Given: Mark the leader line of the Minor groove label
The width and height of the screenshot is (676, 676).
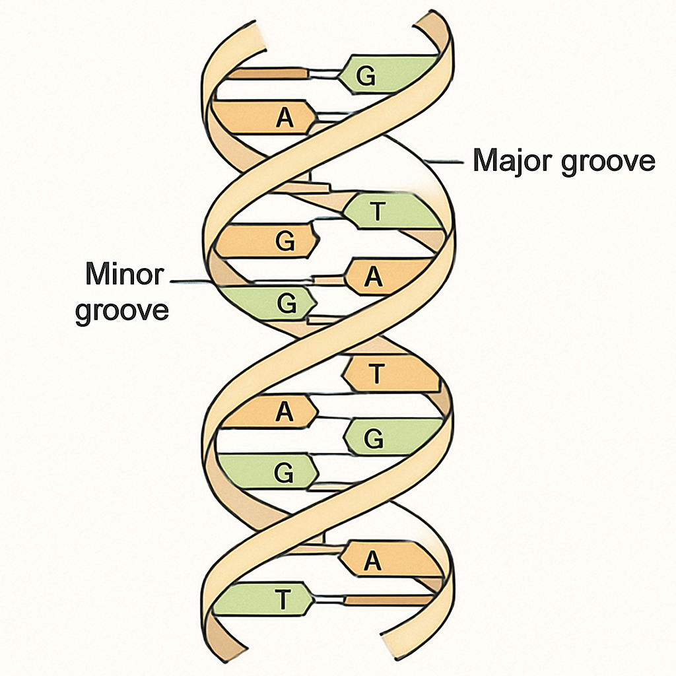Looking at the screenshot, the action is point(191,281).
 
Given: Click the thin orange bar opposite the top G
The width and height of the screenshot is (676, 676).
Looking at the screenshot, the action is point(267,73).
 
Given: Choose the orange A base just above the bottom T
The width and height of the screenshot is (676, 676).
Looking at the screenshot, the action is point(390,560).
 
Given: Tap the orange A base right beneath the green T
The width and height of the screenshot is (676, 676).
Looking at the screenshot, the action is point(388,277).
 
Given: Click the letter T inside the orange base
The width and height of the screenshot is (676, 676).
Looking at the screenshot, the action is point(376,374).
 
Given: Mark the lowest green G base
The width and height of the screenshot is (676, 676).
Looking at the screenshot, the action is point(267,471).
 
